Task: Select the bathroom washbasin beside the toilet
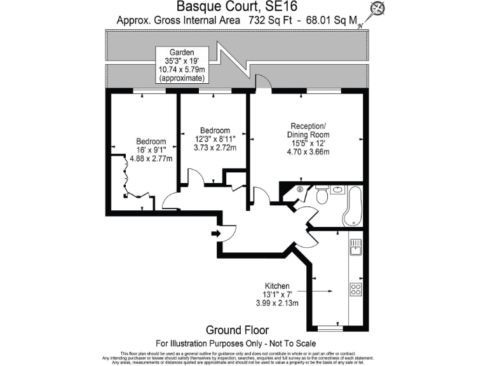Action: [x=338, y=189]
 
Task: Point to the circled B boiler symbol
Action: [x=300, y=189]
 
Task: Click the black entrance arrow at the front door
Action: [x=215, y=234]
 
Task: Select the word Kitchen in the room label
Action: [x=278, y=286]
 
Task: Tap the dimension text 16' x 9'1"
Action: [x=151, y=151]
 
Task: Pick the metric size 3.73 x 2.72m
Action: [x=215, y=148]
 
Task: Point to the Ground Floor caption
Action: [x=237, y=330]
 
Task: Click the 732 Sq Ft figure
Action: [x=266, y=20]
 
